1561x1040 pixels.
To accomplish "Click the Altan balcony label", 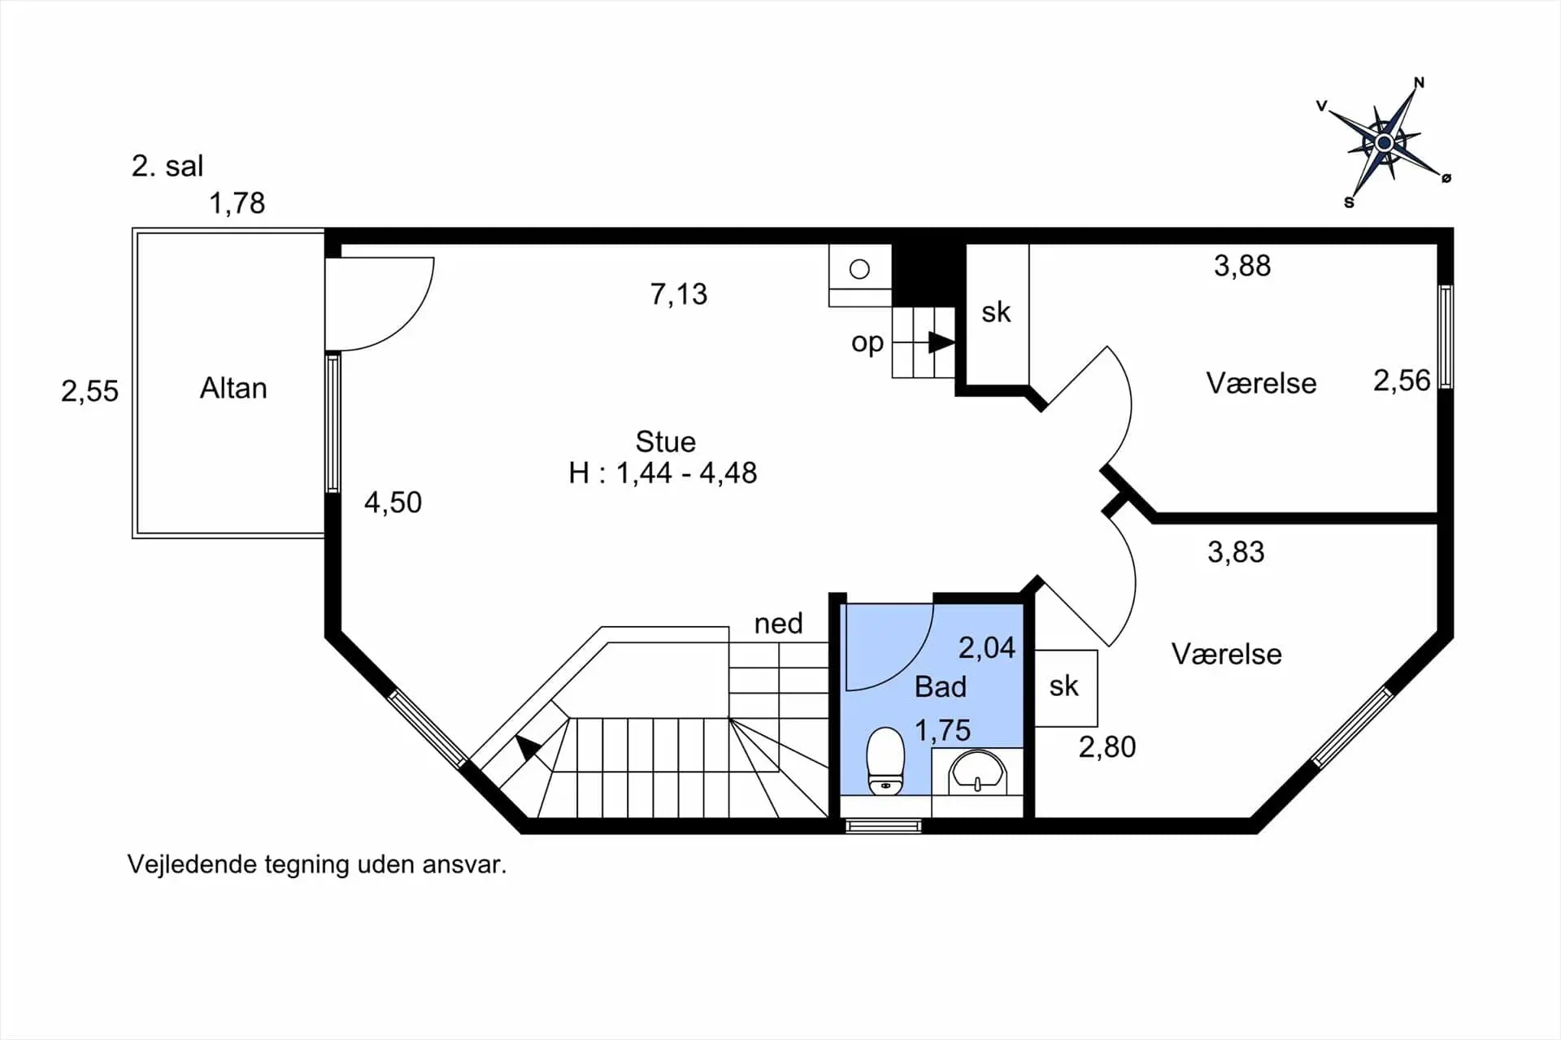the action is [233, 389].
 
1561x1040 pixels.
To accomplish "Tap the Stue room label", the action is [665, 442].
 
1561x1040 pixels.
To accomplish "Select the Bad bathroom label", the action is [941, 687].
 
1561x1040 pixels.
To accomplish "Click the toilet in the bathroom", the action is [885, 761].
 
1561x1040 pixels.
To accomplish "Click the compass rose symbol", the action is [1384, 143].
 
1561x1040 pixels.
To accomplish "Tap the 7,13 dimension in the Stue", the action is [679, 294].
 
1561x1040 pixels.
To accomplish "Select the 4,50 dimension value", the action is [393, 503].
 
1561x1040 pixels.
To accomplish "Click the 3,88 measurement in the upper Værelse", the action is [1242, 266].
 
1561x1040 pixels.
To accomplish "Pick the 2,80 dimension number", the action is [1107, 747].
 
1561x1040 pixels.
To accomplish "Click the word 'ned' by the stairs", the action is [778, 624].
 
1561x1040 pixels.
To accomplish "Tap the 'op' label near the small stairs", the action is [867, 343].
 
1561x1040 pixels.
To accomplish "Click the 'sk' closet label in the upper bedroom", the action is [996, 312].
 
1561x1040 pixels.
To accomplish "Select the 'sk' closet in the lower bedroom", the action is [1064, 686].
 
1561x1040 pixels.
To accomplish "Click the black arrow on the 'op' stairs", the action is [941, 342].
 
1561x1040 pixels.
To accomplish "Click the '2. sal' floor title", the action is [167, 166].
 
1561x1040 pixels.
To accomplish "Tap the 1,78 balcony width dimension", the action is [237, 203].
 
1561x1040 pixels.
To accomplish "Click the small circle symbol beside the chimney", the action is [859, 268].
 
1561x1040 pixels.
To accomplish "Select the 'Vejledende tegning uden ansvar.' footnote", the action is [317, 864].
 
